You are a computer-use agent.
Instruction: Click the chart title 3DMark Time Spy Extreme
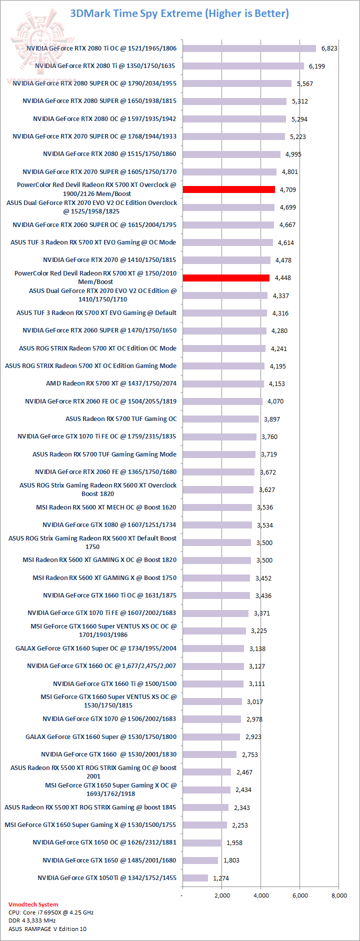coord(179,13)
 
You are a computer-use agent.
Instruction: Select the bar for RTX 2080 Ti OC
coord(249,48)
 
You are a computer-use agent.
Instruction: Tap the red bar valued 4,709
coord(228,189)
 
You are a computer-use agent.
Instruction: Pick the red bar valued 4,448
coord(226,278)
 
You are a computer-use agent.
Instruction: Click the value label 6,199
coord(316,66)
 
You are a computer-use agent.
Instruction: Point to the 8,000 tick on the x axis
coord(339,895)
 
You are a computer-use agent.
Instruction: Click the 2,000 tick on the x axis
coord(222,895)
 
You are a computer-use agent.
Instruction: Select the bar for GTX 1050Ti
coord(195,878)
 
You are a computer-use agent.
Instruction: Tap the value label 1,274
coord(221,878)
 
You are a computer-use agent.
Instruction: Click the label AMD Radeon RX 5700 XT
coord(111,383)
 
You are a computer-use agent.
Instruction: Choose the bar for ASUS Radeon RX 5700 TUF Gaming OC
coord(220,419)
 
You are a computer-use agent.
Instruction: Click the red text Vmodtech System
coord(33,904)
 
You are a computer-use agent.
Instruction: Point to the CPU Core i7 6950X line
coord(51,912)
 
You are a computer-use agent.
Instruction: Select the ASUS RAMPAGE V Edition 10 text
coord(47,929)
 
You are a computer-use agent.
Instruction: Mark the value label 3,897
coord(272,419)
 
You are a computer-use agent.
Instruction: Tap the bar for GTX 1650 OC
coord(201,842)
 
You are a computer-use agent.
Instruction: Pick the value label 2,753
coord(250,754)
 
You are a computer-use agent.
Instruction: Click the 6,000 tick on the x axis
coord(300,895)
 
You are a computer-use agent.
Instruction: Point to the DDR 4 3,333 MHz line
coord(32,920)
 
